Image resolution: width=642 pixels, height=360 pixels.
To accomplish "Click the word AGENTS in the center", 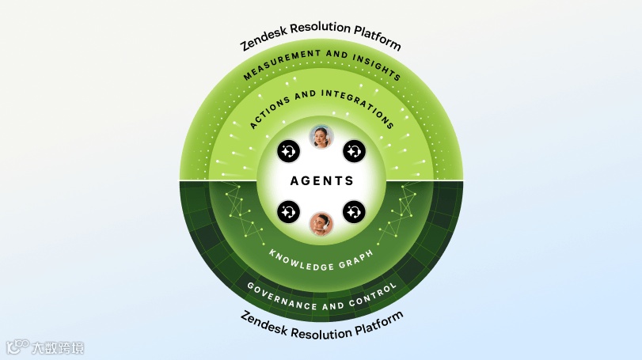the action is point(321,180).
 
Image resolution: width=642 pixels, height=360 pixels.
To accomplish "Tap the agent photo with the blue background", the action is point(321,138).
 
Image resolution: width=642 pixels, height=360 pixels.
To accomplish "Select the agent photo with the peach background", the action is point(321,224).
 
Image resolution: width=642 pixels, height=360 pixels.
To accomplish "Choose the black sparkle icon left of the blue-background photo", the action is point(288,150).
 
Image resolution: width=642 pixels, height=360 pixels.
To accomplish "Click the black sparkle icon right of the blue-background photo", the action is point(354,150).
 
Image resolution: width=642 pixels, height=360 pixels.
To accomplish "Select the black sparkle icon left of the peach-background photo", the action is point(288,211).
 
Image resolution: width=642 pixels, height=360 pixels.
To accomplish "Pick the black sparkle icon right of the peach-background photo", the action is point(354,211).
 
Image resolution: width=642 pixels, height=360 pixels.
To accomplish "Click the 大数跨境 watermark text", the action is point(57,347).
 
